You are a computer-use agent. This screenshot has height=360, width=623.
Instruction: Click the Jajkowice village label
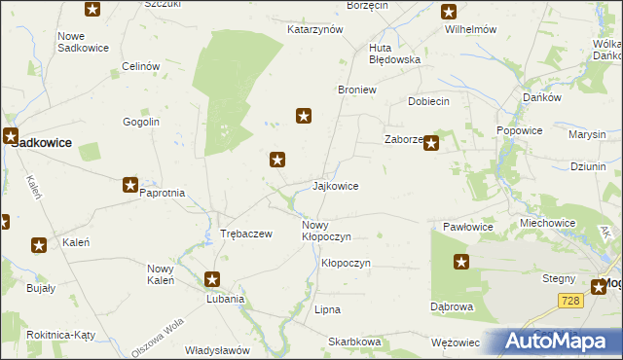pyautogui.click(x=336, y=186)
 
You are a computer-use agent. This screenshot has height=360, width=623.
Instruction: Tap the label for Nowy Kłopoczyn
pyautogui.click(x=326, y=231)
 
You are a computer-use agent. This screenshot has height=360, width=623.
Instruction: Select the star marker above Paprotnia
pyautogui.click(x=130, y=185)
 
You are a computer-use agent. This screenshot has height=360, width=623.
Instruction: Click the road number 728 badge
pyautogui.click(x=570, y=302)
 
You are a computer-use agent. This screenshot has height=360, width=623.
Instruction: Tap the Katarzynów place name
pyautogui.click(x=315, y=29)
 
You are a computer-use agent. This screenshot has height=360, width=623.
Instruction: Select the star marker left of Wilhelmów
pyautogui.click(x=449, y=12)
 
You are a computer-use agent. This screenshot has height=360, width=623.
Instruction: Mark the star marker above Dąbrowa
pyautogui.click(x=461, y=261)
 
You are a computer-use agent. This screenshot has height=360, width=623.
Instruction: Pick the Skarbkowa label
pyautogui.click(x=354, y=342)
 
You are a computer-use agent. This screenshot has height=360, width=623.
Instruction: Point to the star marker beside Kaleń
pyautogui.click(x=40, y=246)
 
